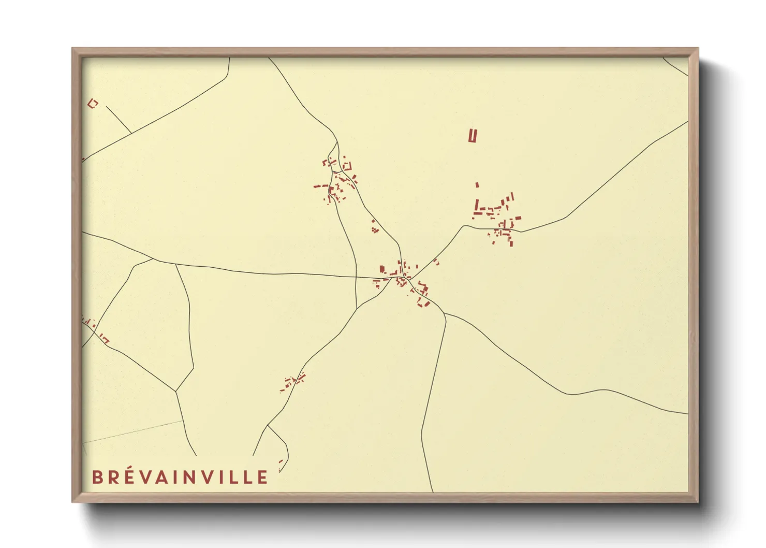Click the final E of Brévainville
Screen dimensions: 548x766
click(262, 477)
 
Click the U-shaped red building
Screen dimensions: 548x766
click(472, 136)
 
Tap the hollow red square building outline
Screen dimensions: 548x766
click(93, 104)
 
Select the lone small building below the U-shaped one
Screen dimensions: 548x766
click(477, 184)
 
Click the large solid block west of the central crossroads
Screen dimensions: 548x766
click(382, 269)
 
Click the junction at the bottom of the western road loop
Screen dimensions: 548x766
click(176, 391)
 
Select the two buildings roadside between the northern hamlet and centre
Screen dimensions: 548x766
click(374, 226)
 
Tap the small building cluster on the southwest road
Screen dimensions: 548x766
click(293, 382)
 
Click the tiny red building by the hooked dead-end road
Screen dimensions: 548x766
click(281, 462)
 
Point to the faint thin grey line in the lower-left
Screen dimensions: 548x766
click(132, 432)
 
